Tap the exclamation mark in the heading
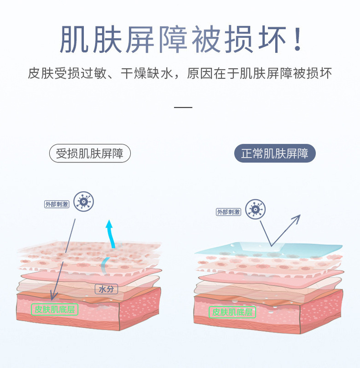pos(297,40)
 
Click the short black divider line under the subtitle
pos(184,108)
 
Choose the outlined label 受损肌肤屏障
pos(90,154)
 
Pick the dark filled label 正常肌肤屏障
pos(275,154)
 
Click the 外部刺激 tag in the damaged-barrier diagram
pos(57,204)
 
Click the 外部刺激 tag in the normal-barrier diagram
pos(229,212)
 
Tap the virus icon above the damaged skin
pos(84,201)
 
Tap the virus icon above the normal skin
pos(255,209)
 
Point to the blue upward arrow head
pos(109,225)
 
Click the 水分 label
pos(104,289)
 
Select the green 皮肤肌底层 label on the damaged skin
pos(54,310)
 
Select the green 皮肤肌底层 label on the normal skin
pos(232,312)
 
